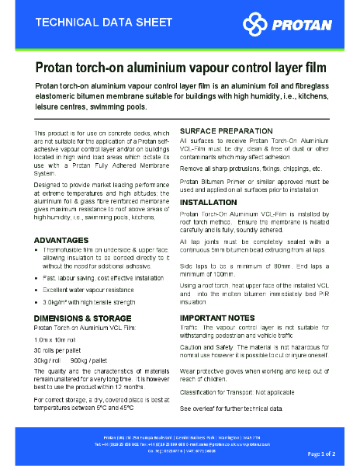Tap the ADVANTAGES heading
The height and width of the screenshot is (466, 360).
[x=61, y=240]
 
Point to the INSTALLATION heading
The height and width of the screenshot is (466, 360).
[x=208, y=201]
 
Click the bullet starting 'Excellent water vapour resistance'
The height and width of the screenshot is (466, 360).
[x=92, y=288]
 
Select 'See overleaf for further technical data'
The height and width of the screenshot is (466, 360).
[x=231, y=408]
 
